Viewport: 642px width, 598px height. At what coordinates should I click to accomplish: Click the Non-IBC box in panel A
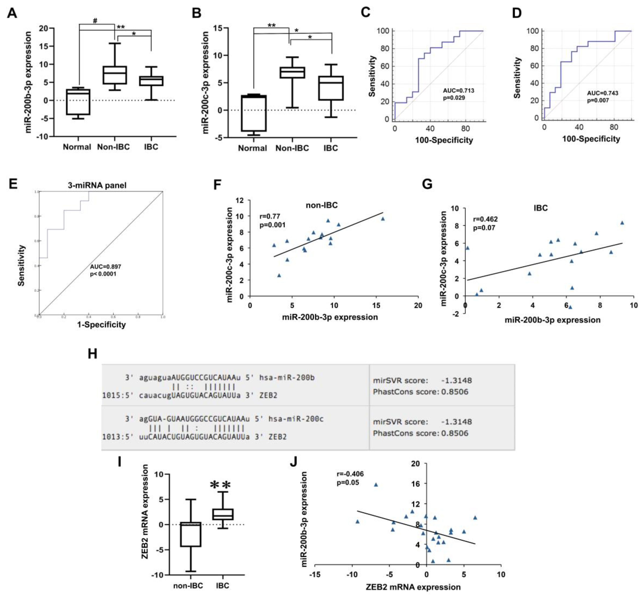tap(115, 75)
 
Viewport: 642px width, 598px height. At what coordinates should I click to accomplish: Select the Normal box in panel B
tap(254, 113)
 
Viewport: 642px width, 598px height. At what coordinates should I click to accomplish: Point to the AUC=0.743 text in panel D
tap(602, 93)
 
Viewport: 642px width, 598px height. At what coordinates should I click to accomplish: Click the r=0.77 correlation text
tap(270, 216)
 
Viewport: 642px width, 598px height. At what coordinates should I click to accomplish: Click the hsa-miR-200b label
tap(287, 377)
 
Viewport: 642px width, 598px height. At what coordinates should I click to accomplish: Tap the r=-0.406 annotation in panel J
tap(350, 474)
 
